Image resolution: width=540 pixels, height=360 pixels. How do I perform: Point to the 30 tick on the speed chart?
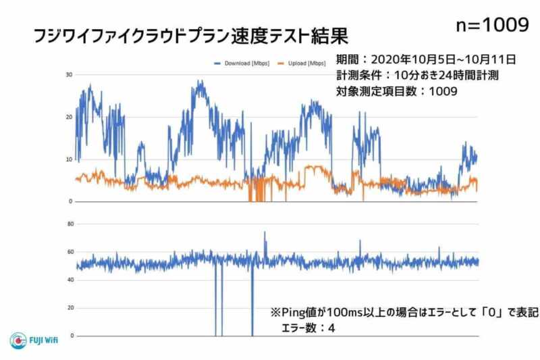[68, 74]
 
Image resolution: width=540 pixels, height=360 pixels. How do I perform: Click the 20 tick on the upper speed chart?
[68, 117]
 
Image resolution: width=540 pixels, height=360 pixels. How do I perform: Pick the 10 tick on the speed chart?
[68, 159]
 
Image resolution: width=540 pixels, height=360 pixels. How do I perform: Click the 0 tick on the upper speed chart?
[70, 201]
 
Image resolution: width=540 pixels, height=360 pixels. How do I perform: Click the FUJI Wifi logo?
[34, 340]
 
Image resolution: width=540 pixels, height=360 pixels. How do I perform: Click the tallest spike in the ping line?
[265, 233]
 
